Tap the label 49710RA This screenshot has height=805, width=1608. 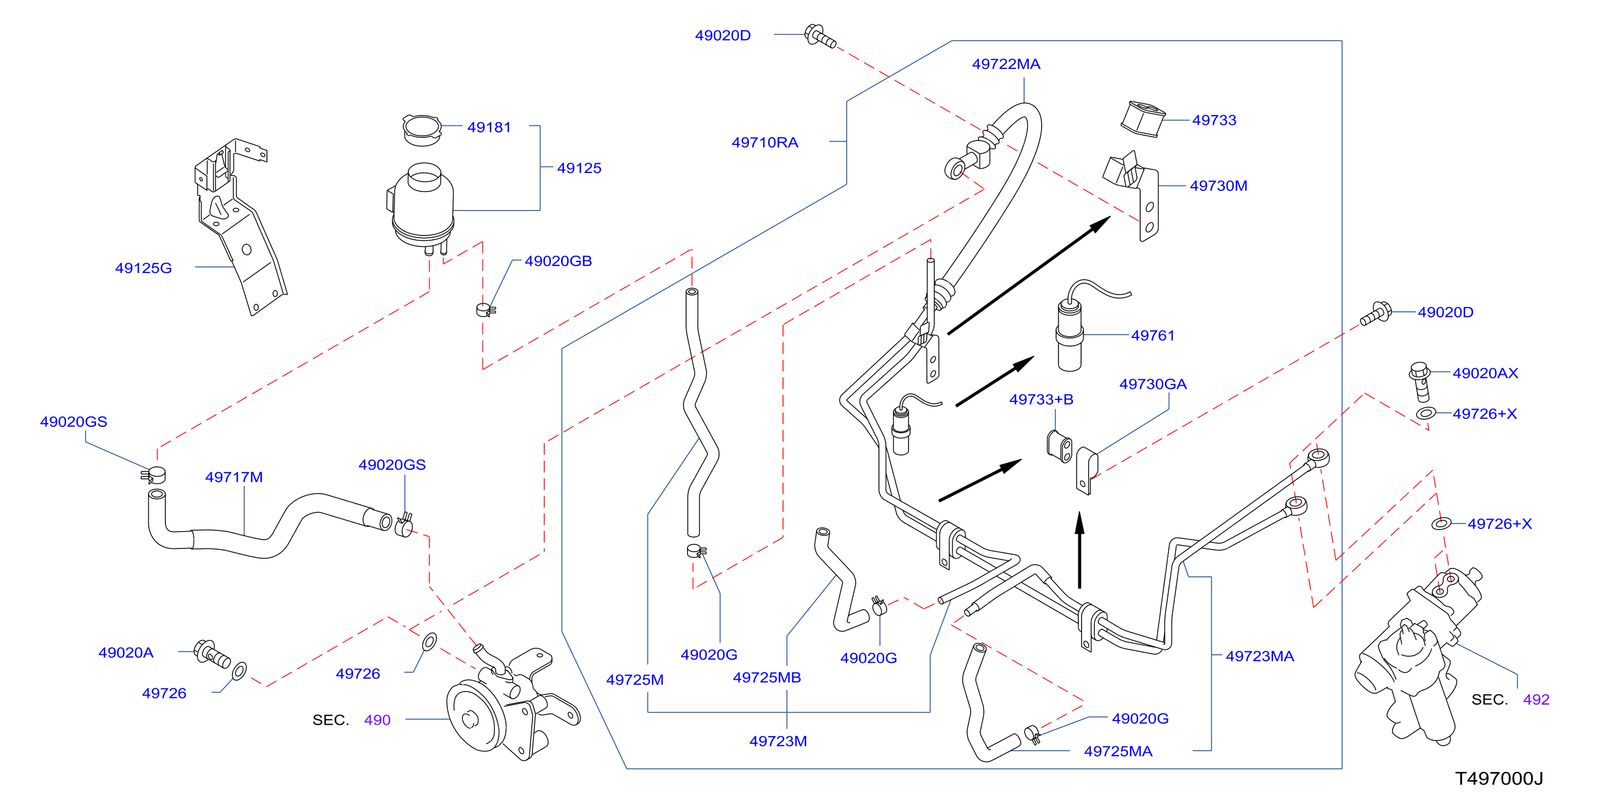[765, 143]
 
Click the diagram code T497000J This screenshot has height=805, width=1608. [1499, 778]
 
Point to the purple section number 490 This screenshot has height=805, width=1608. [377, 720]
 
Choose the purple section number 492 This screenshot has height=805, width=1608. [1536, 700]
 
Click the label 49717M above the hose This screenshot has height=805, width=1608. [234, 477]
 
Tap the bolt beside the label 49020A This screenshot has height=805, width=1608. [212, 654]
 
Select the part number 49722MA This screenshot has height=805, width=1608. [1006, 64]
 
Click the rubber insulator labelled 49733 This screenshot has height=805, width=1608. [1142, 119]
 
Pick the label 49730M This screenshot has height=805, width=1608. [1218, 186]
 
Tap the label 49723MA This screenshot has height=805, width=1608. [1260, 656]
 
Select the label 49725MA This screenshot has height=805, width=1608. [1118, 751]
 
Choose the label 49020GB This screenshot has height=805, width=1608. [558, 261]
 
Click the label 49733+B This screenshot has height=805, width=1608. [1041, 400]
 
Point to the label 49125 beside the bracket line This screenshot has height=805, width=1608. [579, 169]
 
